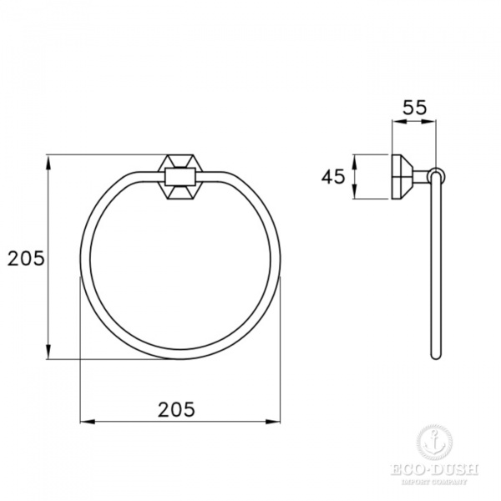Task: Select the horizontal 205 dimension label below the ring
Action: (x=176, y=408)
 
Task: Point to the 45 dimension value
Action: (x=334, y=176)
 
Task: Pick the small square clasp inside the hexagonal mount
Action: (x=180, y=176)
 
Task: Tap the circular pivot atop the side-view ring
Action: (x=436, y=176)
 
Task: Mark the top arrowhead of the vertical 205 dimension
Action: (x=48, y=159)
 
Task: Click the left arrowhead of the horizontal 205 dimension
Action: (x=85, y=422)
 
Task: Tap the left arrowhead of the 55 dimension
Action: (x=396, y=121)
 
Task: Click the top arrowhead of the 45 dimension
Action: (x=355, y=159)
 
